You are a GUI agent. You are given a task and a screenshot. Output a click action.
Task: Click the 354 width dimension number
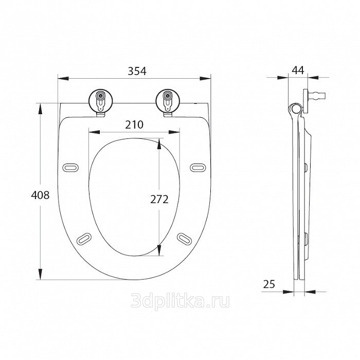coord(137,71)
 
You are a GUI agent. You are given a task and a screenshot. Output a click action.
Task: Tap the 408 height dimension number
coord(40,195)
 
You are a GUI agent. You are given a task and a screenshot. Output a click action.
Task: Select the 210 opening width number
coord(134,124)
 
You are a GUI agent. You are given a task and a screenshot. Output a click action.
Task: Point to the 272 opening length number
coord(159,200)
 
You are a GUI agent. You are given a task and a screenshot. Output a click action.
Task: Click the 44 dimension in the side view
coord(298,70)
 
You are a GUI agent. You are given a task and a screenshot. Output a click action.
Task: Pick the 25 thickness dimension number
coord(269,284)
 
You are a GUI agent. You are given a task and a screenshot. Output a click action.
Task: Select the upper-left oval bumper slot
coord(70,167)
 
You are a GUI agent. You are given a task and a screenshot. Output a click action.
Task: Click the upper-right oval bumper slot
coord(198,167)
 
